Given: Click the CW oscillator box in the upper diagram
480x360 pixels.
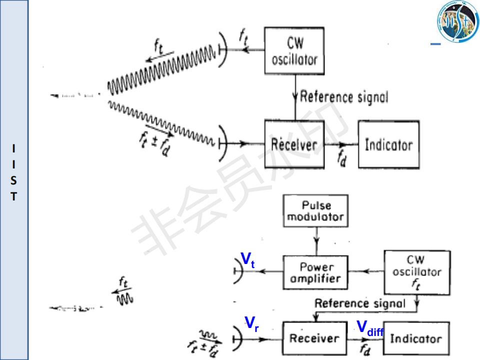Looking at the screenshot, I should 294,51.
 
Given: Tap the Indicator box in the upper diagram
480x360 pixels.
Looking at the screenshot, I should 388,145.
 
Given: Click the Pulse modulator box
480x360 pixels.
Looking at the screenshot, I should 315,211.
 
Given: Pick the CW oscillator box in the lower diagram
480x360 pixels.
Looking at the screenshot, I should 416,272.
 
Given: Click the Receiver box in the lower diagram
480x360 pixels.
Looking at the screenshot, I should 313,338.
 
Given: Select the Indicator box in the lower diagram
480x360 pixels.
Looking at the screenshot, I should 416,338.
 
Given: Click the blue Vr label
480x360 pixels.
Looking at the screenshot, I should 251,324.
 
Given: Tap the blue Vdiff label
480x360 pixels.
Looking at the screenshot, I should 369,328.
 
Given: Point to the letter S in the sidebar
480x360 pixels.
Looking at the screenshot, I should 14,179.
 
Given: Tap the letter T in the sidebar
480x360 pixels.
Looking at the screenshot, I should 14,196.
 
